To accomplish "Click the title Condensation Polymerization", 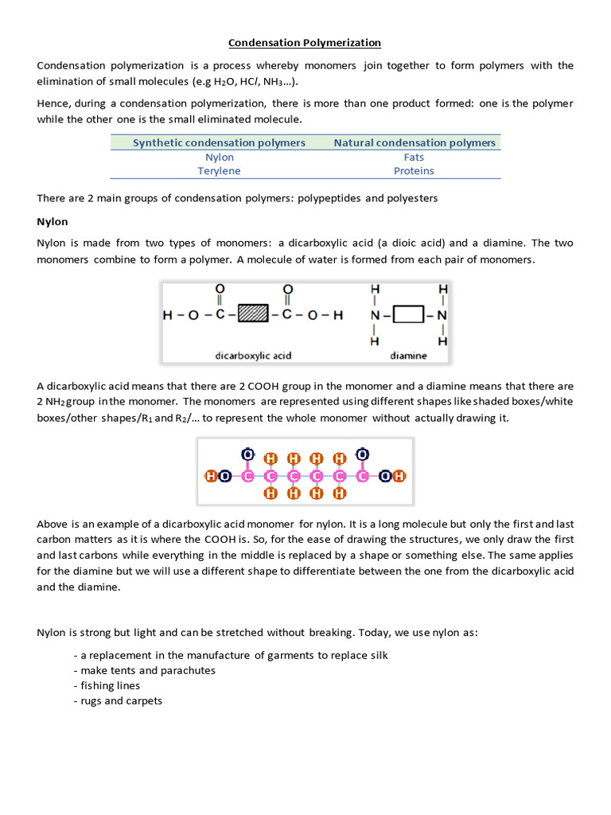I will coord(305,42).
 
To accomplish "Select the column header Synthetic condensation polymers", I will coord(219,142).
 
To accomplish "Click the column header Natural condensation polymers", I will coord(414,142).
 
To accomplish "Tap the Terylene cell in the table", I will coord(219,170).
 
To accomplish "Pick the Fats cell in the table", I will coord(414,157).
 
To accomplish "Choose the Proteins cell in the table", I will coord(414,170).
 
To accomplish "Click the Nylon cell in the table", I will coord(219,157).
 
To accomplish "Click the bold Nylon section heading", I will coord(53,221).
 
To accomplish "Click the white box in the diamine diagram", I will coord(409,315).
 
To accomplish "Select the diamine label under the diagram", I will coord(408,356).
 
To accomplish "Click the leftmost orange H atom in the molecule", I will coord(211,476).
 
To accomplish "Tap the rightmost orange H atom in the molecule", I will coord(399,476).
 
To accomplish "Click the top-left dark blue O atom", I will coord(248,454).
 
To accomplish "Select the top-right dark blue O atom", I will coord(363,454).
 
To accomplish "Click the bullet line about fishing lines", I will coord(107,685).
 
